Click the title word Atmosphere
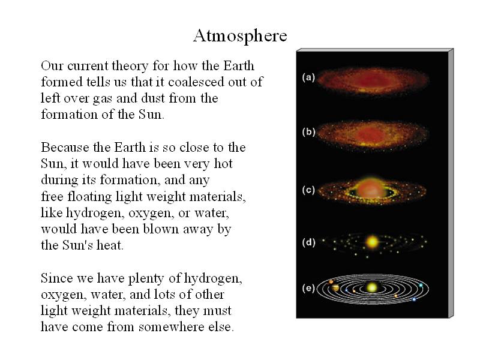[240, 36]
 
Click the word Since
[56, 278]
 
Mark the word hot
[223, 163]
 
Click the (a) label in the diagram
[308, 77]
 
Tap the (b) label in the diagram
[308, 132]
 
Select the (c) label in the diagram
[308, 190]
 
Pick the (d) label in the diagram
[308, 242]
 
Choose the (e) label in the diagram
[308, 289]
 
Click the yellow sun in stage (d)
[372, 242]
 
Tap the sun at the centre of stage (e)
[372, 287]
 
